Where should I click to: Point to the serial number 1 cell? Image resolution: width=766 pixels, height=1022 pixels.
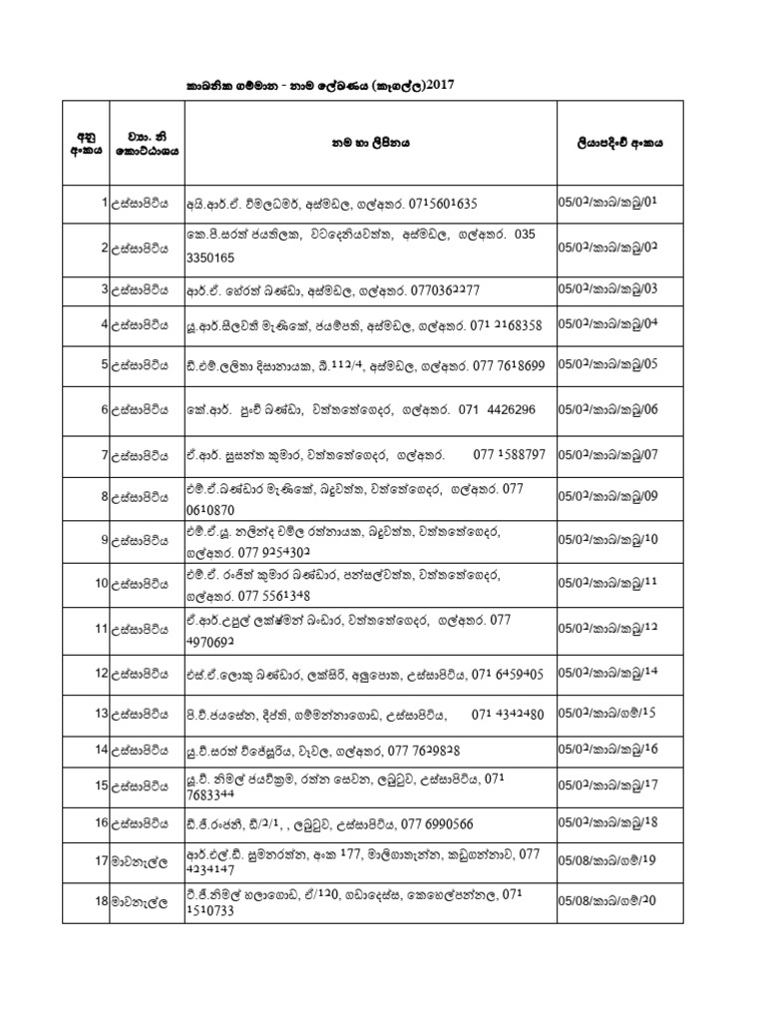[x=103, y=203]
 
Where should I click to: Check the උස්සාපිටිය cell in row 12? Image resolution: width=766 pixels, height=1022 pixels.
[x=141, y=675]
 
